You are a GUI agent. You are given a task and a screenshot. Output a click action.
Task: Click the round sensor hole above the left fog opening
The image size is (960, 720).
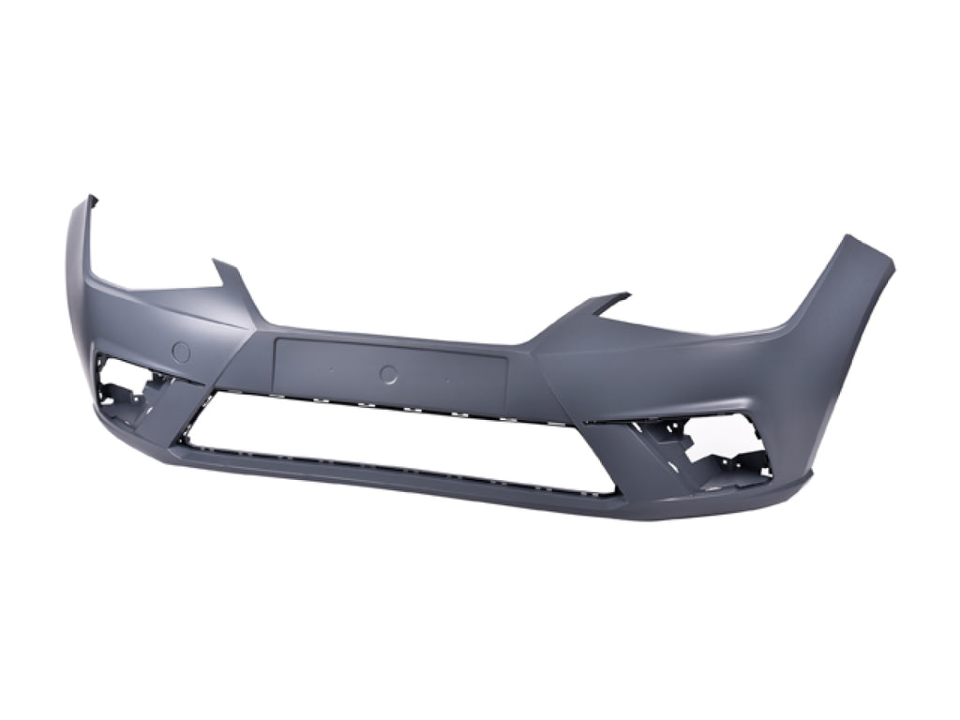tap(181, 352)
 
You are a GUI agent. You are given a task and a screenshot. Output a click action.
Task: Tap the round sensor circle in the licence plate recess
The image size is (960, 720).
tap(388, 374)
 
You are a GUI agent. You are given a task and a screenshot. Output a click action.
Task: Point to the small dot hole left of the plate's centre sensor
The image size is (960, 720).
tap(331, 369)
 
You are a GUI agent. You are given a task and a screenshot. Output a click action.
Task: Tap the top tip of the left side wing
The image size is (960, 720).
tap(91, 199)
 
